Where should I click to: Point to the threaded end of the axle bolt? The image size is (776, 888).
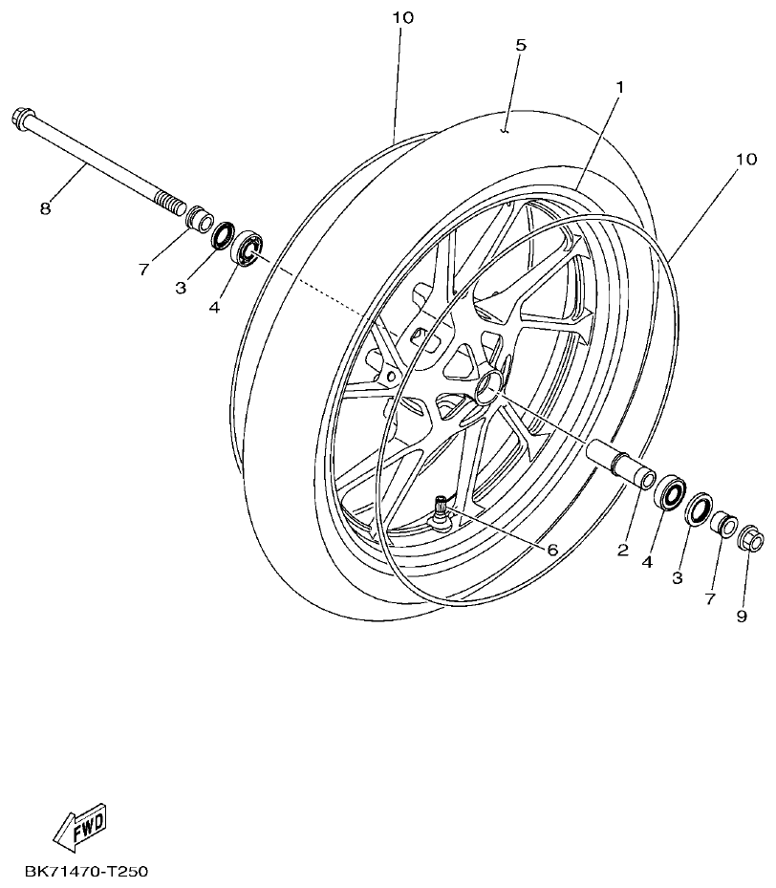click(167, 203)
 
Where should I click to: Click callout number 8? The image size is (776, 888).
click(45, 207)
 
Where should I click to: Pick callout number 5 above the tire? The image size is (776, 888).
click(520, 45)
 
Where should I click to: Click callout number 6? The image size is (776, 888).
click(551, 550)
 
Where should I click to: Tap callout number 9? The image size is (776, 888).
click(741, 617)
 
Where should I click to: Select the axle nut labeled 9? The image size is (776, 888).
click(751, 541)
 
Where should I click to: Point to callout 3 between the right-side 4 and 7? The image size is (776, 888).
click(677, 578)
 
